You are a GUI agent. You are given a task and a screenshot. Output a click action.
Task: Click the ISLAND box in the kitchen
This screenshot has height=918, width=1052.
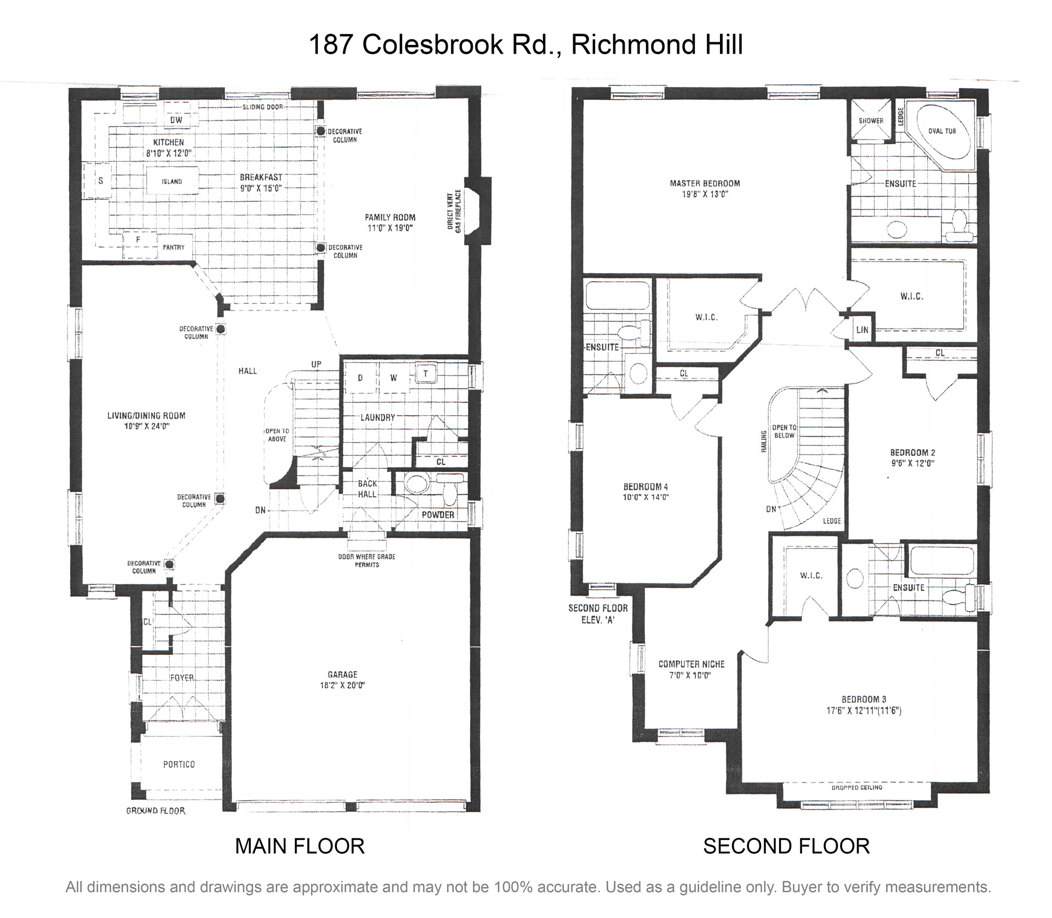point(171,182)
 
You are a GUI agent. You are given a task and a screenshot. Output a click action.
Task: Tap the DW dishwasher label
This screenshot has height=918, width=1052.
point(176,120)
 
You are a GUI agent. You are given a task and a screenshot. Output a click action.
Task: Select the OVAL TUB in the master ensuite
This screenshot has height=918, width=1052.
point(942,131)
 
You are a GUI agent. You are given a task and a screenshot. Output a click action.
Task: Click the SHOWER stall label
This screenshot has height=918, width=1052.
point(871,121)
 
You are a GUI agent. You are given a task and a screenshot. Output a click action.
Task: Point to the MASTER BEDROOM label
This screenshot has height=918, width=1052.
point(705,183)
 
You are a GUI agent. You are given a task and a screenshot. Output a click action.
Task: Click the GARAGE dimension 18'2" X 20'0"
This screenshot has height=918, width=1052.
point(342,685)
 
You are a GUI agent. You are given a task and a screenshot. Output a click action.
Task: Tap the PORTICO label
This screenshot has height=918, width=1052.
point(179,764)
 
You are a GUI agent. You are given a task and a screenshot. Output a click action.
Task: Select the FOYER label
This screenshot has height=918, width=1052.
point(182,678)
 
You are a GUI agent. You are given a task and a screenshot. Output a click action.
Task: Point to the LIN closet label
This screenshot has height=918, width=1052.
point(862,330)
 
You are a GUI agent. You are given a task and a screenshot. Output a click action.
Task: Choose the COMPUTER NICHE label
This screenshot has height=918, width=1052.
point(691,664)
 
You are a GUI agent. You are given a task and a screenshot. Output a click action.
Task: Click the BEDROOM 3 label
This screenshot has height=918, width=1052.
point(864,699)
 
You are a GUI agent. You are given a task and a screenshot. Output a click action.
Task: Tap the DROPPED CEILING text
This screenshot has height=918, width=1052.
point(856,787)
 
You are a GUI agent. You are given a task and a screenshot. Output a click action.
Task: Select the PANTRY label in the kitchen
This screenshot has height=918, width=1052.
point(173,247)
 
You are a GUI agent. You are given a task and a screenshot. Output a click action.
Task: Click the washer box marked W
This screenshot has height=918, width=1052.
point(393,378)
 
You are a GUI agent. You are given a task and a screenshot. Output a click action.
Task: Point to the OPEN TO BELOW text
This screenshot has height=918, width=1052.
point(784,431)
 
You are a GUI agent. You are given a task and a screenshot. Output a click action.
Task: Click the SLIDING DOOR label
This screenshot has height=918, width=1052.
point(262,107)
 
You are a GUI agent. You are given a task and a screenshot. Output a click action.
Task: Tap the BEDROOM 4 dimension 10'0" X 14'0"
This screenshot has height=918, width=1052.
point(646,497)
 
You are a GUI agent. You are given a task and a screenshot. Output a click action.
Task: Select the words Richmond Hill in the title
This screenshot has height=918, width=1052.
point(657,44)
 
